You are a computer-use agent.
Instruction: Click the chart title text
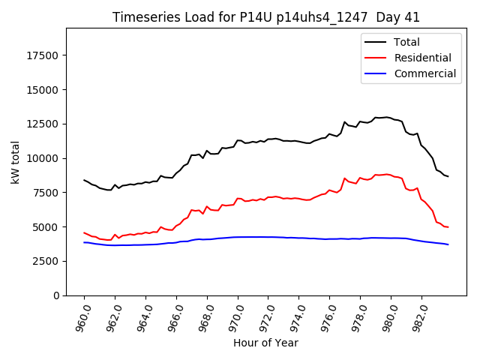266,17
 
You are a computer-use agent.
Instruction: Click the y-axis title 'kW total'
16,161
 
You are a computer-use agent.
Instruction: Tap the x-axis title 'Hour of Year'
265,343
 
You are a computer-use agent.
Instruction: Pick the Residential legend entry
422,58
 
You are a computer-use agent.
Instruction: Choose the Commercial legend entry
424,73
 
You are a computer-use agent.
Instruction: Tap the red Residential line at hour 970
238,199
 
